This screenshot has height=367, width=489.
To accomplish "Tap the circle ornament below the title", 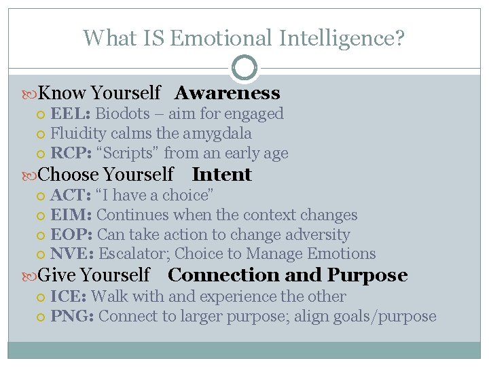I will pyautogui.click(x=244, y=68).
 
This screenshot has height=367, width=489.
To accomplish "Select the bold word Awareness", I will pyautogui.click(x=227, y=93).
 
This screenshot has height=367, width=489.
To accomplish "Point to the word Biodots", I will pyautogui.click(x=128, y=113).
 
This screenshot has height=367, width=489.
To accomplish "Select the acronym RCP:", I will pyautogui.click(x=71, y=153).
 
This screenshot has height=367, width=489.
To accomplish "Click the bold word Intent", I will pyautogui.click(x=221, y=175).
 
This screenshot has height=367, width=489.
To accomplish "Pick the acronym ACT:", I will pyautogui.click(x=71, y=195).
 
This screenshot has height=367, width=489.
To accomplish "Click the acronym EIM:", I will pyautogui.click(x=71, y=215).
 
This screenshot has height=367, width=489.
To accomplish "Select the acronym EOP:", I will pyautogui.click(x=71, y=234).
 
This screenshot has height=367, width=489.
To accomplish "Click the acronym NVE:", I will pyautogui.click(x=72, y=254).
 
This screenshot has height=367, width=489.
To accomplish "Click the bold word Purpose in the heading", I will pyautogui.click(x=367, y=275).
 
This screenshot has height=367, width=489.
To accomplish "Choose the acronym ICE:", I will pyautogui.click(x=68, y=296).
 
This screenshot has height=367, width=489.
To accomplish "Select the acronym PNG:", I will pyautogui.click(x=72, y=316).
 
